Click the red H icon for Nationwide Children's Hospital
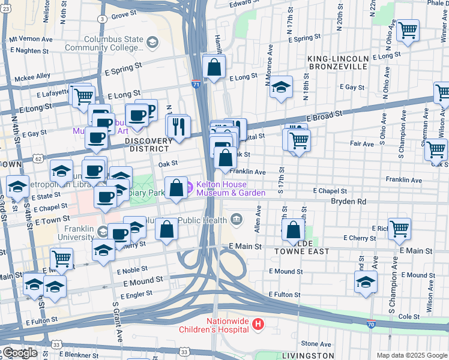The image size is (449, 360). point(258,325)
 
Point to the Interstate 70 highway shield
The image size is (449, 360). point(372,325)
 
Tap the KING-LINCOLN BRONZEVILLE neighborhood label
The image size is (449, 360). point(337,62)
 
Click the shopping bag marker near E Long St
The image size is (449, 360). point(214,67)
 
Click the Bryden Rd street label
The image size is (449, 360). point(348,202)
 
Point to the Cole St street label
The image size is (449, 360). point(408,316)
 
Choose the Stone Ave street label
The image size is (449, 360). point(316,344)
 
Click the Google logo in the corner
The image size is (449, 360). point(19,353)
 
